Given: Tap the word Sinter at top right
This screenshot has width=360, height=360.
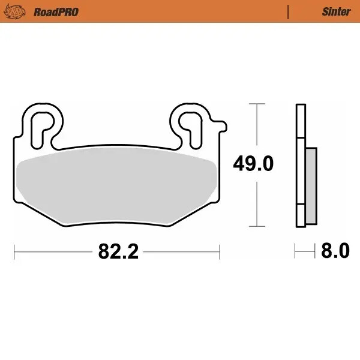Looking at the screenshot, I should pos(336,11).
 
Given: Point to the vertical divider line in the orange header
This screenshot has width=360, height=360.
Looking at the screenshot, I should pos(289,11).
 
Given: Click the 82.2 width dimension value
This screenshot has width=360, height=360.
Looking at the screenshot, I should pos(118,251).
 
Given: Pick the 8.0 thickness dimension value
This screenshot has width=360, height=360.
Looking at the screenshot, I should pos(335,251).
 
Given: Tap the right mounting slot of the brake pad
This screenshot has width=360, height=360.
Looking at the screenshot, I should pos(193,124).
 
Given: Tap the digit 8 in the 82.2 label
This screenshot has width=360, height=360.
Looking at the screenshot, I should pos(103,251).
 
